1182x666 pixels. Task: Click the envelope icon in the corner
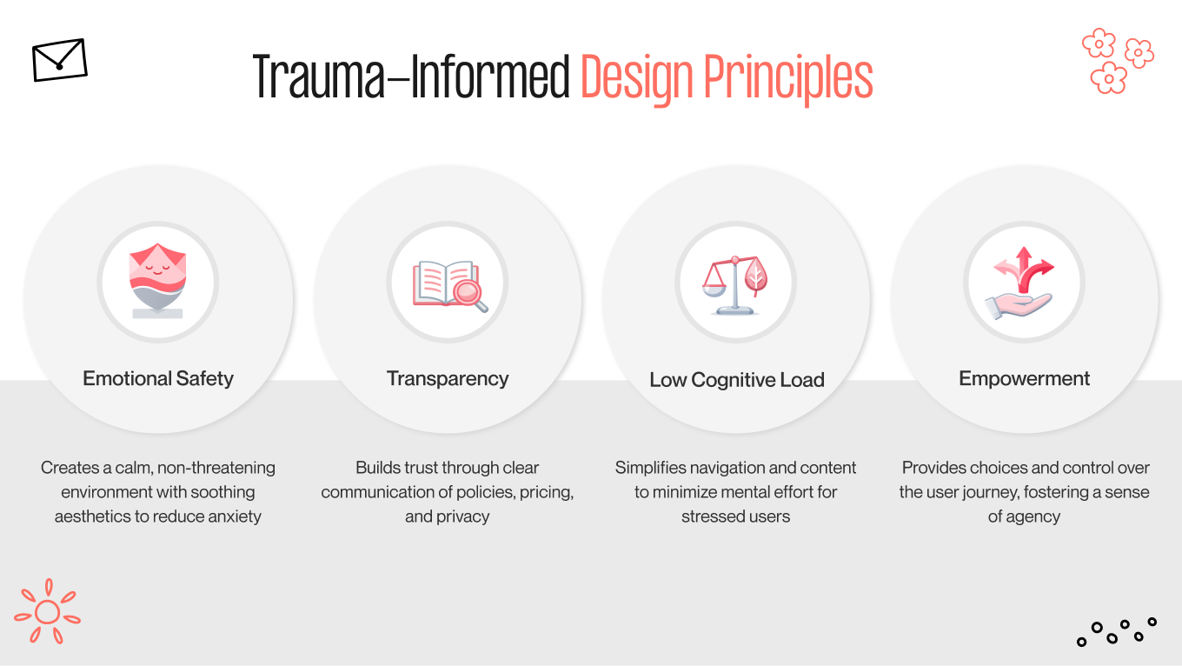[59, 60]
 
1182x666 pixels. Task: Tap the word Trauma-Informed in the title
[410, 78]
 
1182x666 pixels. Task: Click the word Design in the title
[637, 78]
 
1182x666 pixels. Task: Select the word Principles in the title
[787, 78]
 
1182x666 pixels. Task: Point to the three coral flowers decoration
[1117, 60]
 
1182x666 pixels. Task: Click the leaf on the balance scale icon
[755, 276]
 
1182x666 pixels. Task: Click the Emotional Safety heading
[158, 378]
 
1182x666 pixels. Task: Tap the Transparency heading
[448, 378]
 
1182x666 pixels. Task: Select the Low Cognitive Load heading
[736, 380]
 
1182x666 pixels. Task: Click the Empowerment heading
[1024, 378]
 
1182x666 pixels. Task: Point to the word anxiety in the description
[231, 516]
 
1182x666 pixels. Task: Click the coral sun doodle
[47, 612]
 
